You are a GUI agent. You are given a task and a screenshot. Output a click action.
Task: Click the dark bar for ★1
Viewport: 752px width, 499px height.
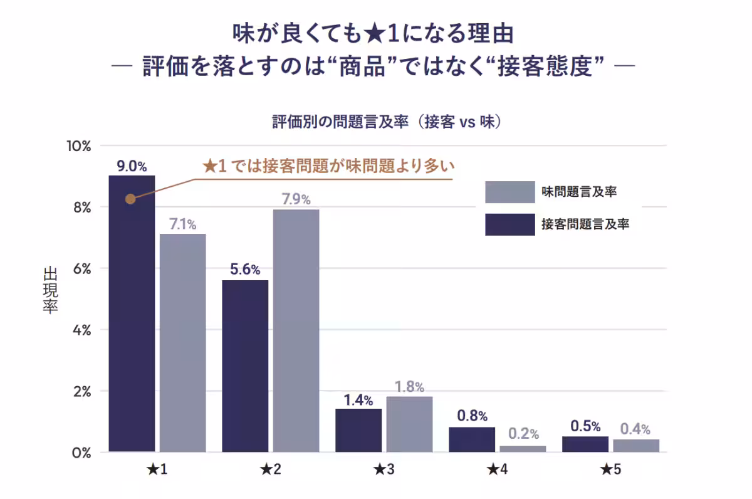(132, 313)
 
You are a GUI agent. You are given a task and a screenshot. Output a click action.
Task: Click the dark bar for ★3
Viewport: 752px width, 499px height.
(358, 431)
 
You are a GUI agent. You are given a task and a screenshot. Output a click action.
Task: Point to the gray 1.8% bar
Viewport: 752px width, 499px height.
(409, 424)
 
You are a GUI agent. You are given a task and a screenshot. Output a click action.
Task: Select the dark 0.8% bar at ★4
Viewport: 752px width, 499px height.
(471, 439)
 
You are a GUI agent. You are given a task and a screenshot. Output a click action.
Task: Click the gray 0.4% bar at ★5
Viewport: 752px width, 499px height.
(636, 446)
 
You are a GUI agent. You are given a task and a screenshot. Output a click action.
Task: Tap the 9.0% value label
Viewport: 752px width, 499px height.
(132, 166)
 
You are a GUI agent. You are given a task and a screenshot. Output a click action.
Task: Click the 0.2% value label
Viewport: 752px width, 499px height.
(523, 434)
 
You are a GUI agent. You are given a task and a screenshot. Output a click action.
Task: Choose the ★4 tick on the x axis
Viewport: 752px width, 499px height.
(498, 469)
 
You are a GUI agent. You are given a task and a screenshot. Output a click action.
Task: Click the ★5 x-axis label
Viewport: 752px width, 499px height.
(611, 469)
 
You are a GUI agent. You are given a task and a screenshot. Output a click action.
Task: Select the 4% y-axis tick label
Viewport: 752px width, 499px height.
(81, 330)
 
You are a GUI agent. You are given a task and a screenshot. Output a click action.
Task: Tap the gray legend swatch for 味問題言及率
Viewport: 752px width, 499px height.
(509, 192)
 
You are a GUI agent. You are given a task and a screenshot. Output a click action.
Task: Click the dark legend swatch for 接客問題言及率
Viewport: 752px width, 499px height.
(509, 224)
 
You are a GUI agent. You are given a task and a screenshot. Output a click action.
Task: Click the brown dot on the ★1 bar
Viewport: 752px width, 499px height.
(130, 199)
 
